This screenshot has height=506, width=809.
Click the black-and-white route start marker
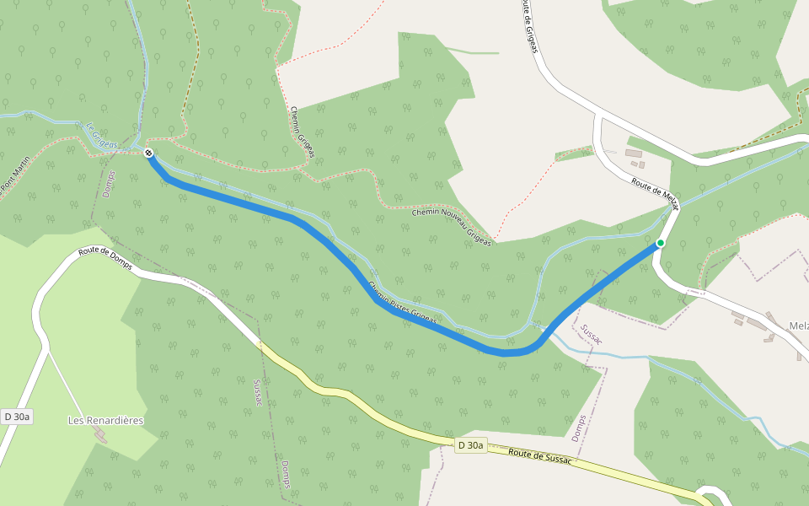click(x=148, y=153)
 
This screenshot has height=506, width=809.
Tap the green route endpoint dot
click(x=661, y=243)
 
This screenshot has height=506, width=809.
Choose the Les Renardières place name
click(x=105, y=420)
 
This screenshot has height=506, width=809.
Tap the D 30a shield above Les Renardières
click(x=16, y=417)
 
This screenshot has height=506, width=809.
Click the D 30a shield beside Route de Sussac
click(x=471, y=445)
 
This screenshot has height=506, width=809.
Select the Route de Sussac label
click(x=540, y=456)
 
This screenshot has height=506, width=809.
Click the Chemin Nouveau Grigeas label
click(x=451, y=227)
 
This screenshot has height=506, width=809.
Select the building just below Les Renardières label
click(x=102, y=435)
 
